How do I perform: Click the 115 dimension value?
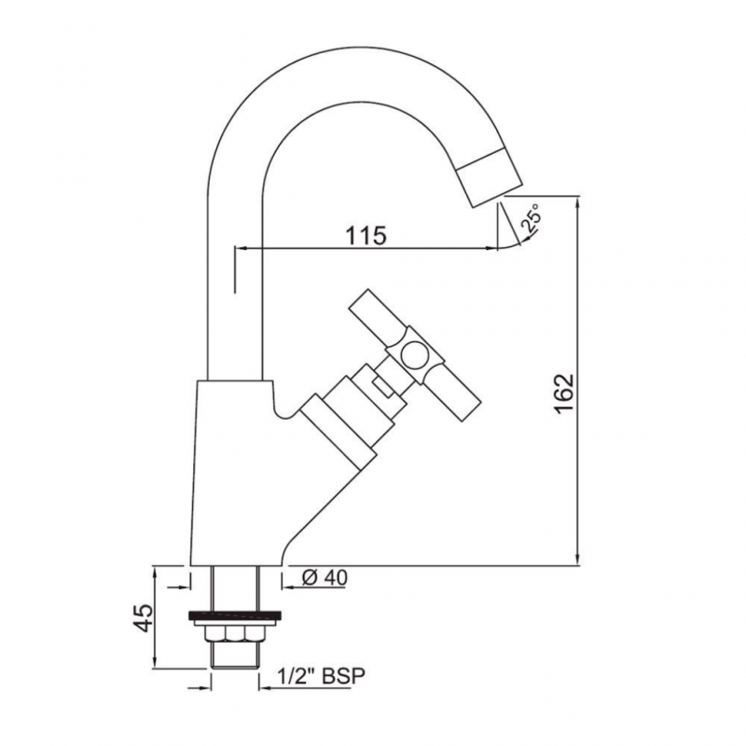(365, 234)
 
